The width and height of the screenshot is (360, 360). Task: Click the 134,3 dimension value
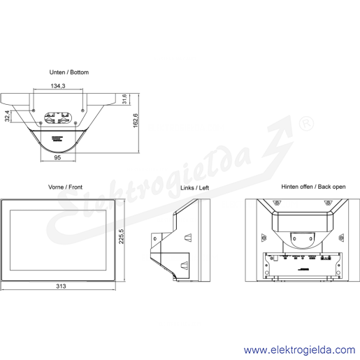[58, 86]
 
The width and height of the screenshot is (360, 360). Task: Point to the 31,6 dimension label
[124, 99]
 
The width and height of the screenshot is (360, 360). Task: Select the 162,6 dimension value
[136, 120]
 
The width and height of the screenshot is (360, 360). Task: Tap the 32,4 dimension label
[7, 116]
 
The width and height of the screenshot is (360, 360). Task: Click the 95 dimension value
[57, 157]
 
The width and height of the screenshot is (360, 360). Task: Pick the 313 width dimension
[61, 286]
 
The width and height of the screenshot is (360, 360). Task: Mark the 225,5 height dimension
[122, 236]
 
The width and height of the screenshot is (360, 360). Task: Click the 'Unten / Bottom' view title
[69, 72]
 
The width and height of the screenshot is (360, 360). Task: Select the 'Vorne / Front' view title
[65, 187]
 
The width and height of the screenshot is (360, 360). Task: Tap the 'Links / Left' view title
[194, 188]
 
